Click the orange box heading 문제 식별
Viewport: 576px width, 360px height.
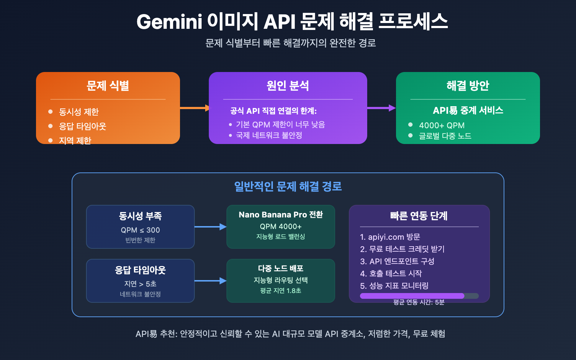point(108,86)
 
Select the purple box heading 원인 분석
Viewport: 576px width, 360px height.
point(288,86)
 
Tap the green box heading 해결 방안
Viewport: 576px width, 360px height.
point(468,86)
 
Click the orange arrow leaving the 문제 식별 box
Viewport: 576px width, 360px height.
point(194,108)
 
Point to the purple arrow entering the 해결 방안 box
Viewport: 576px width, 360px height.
point(382,108)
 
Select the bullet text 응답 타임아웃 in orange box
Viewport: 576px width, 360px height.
point(82,126)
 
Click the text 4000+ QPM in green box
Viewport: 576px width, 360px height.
point(442,126)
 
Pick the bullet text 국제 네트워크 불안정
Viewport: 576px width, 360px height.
point(269,135)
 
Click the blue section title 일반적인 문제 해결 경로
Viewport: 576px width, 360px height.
point(288,186)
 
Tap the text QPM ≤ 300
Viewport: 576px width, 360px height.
point(140,230)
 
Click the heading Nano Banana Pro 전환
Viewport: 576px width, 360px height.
point(280,215)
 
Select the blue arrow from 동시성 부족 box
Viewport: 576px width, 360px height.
point(210,227)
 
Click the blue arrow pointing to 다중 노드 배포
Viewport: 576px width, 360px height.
point(210,281)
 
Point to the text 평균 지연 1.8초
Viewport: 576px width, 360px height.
point(280,291)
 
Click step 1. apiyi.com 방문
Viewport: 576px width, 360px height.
point(390,237)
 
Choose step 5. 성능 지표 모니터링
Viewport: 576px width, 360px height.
point(394,286)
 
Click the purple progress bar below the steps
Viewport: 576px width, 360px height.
point(412,296)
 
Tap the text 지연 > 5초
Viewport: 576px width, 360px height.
point(140,284)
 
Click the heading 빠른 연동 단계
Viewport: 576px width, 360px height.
point(419,216)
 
